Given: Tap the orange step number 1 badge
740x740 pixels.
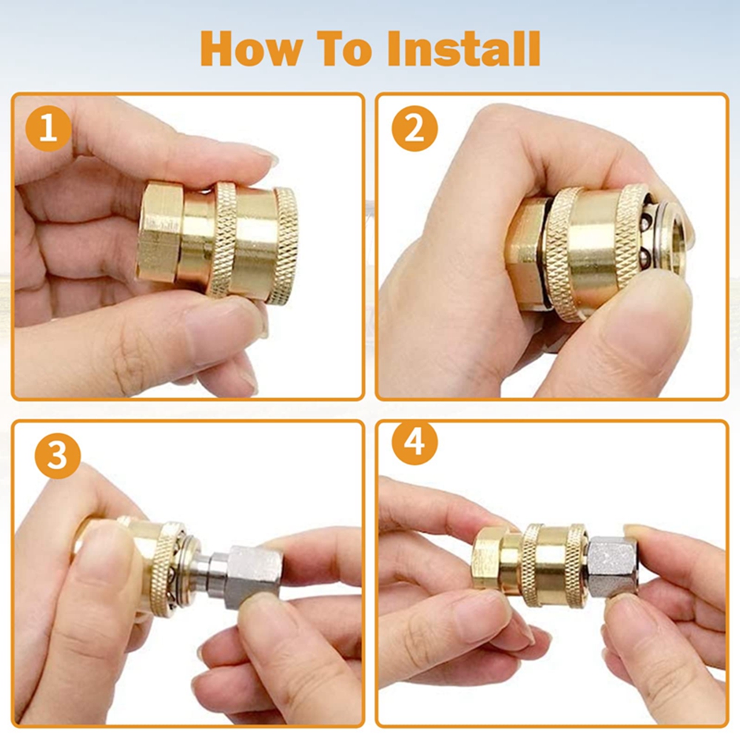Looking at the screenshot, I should [50, 130].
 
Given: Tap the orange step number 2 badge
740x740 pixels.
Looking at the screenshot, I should [415, 130].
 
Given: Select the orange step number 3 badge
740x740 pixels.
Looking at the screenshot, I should [57, 457].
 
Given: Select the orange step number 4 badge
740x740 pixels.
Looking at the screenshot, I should [415, 445].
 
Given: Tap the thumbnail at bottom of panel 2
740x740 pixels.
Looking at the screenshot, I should [636, 326].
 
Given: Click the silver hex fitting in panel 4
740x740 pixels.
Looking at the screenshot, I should [612, 566].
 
